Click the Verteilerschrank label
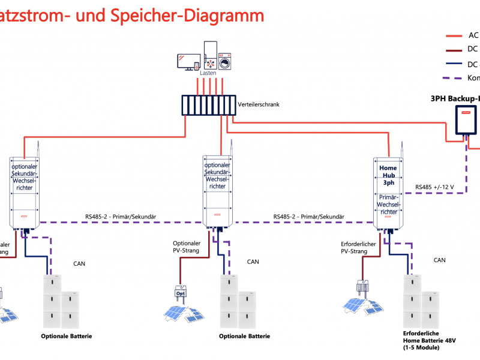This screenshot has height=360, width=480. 259,104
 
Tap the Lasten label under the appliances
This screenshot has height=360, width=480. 208,73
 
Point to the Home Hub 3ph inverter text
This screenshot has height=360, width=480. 389,175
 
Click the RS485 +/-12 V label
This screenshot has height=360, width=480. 435,188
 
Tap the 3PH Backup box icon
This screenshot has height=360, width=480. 466,120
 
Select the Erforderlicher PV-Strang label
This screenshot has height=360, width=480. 358,247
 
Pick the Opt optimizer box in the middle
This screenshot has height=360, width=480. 180,293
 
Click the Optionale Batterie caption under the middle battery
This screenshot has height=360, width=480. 245,336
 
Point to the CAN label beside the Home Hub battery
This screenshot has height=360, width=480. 439,260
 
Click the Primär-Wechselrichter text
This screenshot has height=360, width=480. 389,204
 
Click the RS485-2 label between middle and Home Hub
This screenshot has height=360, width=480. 308,217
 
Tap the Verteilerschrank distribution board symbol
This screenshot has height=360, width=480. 208,104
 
